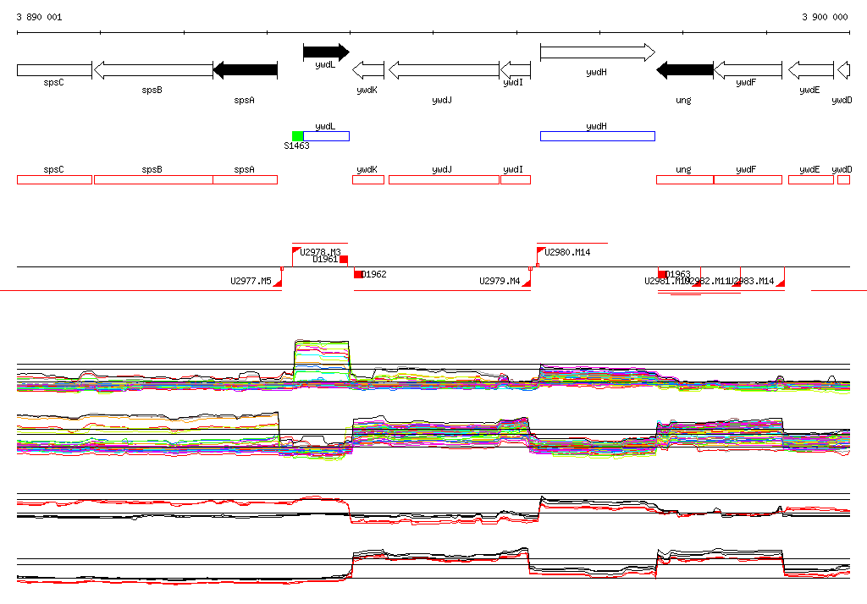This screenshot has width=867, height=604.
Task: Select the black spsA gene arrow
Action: (x=246, y=70)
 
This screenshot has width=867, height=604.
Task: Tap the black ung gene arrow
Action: (x=685, y=70)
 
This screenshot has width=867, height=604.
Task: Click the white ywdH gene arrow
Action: (x=597, y=52)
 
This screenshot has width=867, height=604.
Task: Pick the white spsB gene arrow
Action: (x=152, y=70)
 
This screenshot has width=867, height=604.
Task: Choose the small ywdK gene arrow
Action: (x=368, y=70)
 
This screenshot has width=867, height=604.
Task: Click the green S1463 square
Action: (x=297, y=136)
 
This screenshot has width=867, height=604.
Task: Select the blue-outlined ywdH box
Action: (x=597, y=136)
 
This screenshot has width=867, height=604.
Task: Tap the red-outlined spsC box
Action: (x=54, y=179)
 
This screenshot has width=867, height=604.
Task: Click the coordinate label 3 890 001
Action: (x=39, y=17)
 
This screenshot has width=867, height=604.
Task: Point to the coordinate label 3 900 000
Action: (x=825, y=17)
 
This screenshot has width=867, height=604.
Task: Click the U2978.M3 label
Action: (x=321, y=252)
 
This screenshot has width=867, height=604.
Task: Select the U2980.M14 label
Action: (x=567, y=252)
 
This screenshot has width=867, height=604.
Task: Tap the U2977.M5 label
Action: (x=251, y=281)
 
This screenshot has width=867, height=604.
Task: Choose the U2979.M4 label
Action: (x=500, y=281)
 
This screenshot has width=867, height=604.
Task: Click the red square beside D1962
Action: (x=358, y=274)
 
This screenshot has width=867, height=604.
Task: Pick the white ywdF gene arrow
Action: (x=748, y=70)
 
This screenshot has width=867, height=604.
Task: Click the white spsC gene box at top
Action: (x=54, y=70)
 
